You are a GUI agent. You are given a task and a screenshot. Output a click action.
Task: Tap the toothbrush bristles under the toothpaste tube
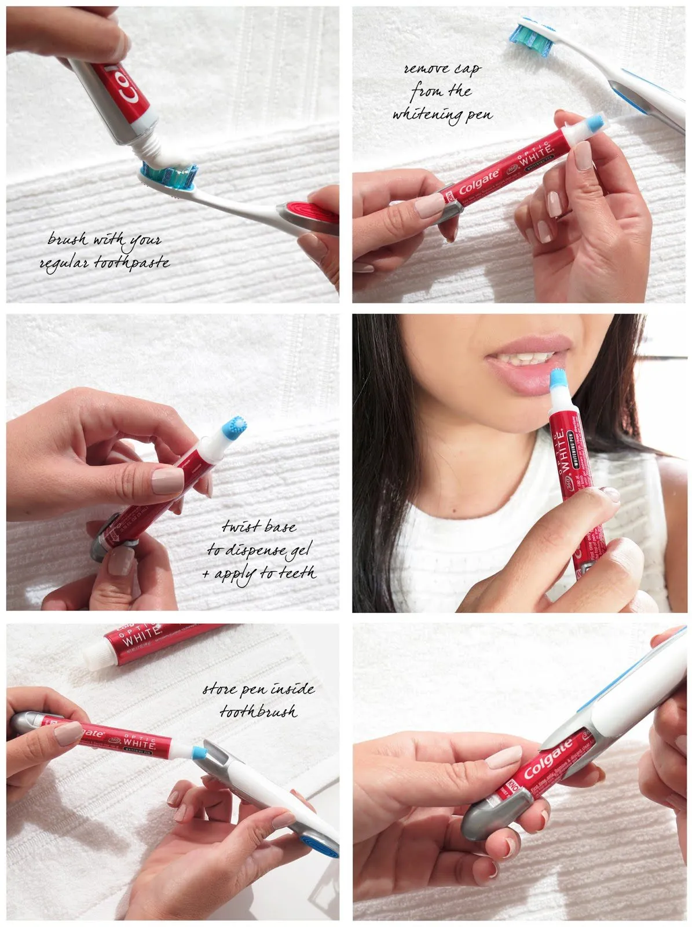(172, 176)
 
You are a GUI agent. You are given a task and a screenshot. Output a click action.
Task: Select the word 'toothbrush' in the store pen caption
(258, 711)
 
